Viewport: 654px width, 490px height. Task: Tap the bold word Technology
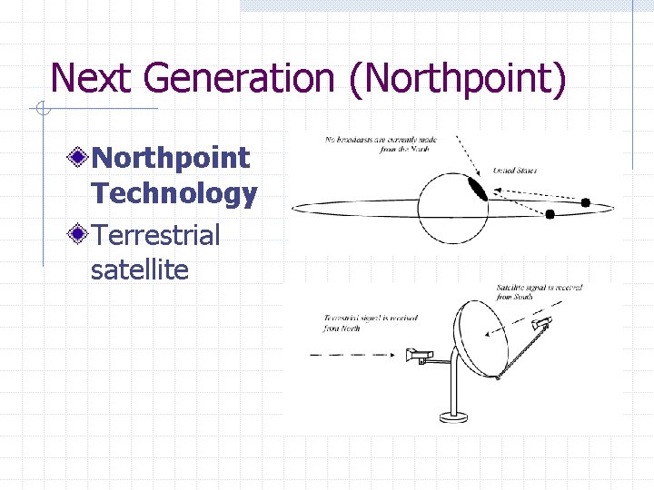(x=173, y=193)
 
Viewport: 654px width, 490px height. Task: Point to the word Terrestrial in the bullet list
(x=155, y=235)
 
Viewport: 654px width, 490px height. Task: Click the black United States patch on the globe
(x=477, y=189)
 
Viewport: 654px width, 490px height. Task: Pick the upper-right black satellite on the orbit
(x=586, y=202)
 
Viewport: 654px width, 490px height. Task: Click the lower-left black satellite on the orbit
(x=550, y=214)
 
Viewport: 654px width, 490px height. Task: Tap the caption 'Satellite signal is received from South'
(x=539, y=292)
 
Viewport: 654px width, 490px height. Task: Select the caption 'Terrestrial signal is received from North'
(x=354, y=323)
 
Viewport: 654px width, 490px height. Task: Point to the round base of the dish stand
(x=452, y=417)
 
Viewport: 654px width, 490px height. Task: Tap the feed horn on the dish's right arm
(x=541, y=324)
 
